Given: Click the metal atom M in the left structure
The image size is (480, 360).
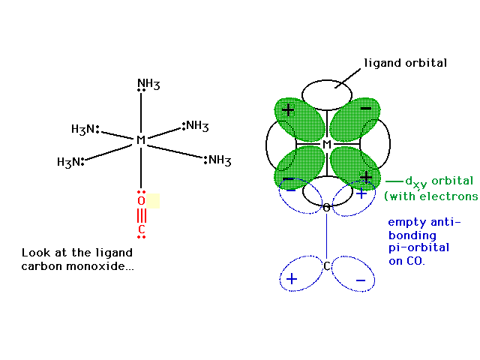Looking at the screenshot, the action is click(x=141, y=140).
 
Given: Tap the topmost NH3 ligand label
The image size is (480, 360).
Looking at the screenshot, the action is click(x=148, y=83).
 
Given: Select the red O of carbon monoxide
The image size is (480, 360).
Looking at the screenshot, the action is click(x=141, y=201).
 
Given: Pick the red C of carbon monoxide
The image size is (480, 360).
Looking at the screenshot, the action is click(x=141, y=229).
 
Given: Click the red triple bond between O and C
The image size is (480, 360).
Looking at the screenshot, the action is click(x=141, y=215).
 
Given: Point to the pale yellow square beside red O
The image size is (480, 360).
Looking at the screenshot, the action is click(x=153, y=201).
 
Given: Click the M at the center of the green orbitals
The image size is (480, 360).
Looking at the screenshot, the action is click(x=327, y=144).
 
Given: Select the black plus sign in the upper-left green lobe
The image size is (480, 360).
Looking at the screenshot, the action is click(x=288, y=109).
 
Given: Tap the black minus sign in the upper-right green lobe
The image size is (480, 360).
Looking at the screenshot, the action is click(x=366, y=108).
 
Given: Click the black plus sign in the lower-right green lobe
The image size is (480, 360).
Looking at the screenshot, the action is click(x=366, y=177).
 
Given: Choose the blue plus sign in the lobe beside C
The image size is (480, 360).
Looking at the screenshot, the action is click(x=292, y=279).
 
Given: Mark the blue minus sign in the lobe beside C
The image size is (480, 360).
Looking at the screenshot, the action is click(x=361, y=280).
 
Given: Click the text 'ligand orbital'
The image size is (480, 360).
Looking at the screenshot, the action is click(x=405, y=63).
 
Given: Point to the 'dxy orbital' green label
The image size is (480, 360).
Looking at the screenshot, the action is click(x=439, y=181).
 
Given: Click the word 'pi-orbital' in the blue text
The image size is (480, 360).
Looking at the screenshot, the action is click(x=418, y=247).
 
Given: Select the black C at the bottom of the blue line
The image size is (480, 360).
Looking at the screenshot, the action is click(x=327, y=266).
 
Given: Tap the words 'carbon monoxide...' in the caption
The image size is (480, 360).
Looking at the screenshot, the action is click(x=77, y=266).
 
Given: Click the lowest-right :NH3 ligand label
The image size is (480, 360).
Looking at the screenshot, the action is click(x=217, y=160).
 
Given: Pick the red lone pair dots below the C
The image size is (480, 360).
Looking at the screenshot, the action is click(x=141, y=237).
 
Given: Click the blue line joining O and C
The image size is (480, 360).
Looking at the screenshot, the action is click(x=326, y=237).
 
